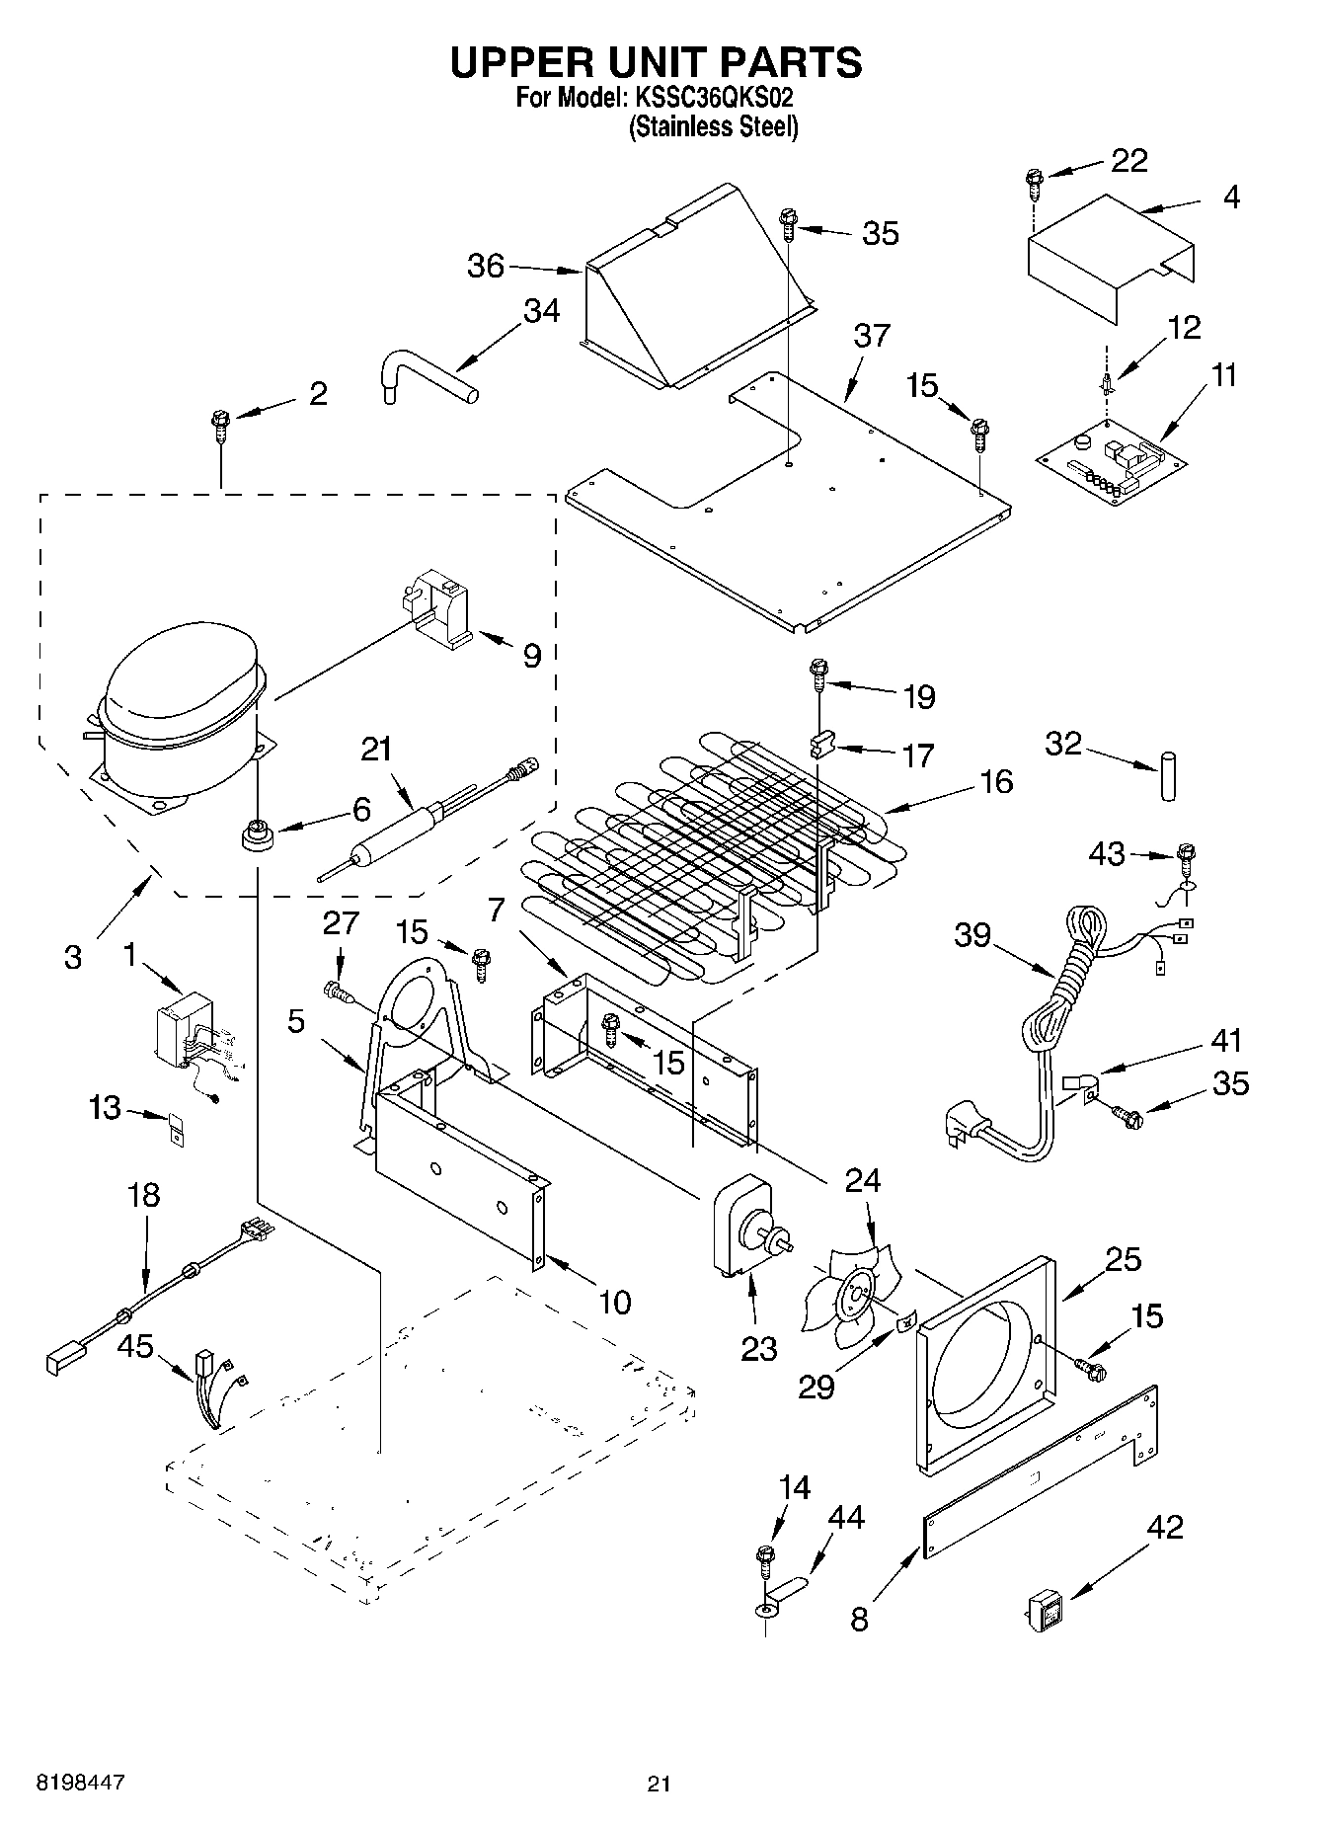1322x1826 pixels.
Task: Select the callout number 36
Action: [486, 266]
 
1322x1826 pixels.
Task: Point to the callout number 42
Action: [1165, 1527]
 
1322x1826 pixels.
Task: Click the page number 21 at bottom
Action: [660, 1784]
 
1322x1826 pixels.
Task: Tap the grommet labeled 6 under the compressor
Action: [258, 834]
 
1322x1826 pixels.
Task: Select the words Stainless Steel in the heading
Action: [713, 127]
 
